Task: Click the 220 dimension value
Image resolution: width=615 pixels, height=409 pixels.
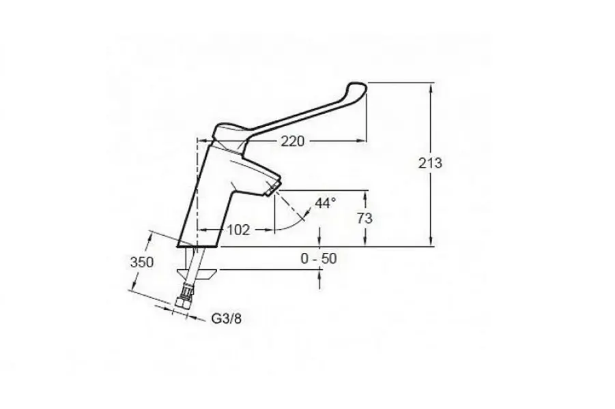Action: pos(291,141)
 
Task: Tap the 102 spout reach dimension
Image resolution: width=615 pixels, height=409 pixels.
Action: pos(238,230)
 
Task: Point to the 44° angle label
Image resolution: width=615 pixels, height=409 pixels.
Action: pos(326,203)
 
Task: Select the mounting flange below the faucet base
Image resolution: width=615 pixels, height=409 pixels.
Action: pos(197,275)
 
